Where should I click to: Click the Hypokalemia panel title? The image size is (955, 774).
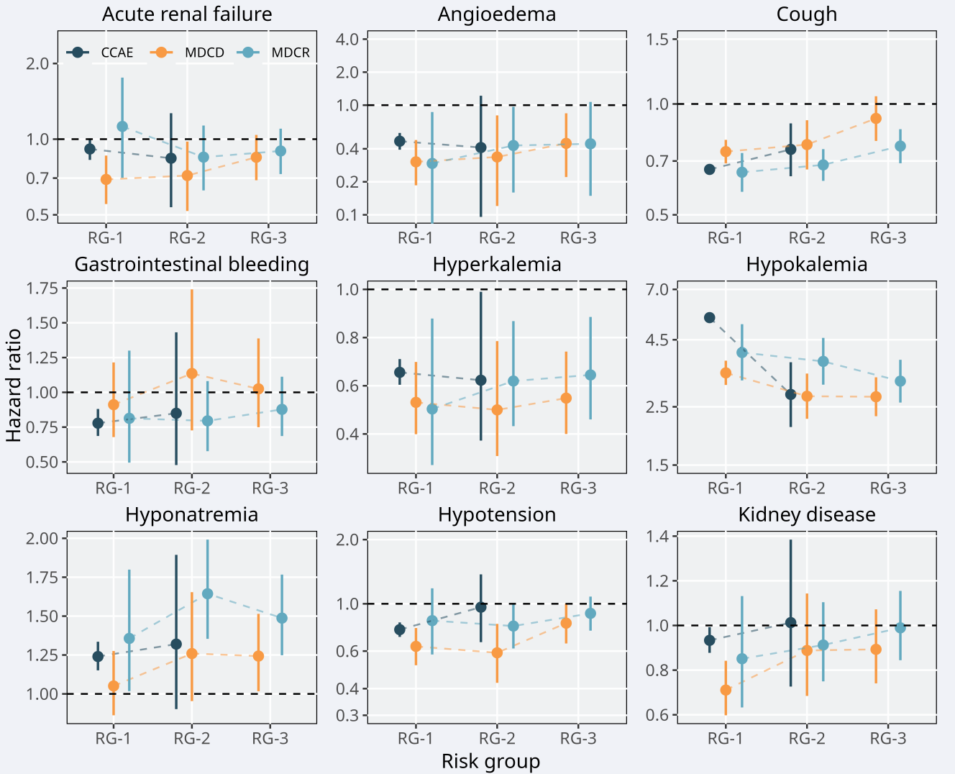(806, 265)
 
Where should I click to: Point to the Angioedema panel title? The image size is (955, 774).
(496, 14)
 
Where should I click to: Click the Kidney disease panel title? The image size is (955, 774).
(806, 515)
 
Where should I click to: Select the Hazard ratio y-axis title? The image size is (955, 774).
(14, 385)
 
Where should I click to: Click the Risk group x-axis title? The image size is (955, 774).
(490, 761)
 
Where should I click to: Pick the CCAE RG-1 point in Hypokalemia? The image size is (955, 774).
(709, 318)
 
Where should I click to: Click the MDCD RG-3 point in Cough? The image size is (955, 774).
(875, 119)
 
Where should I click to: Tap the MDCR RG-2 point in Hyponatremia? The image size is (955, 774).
(208, 593)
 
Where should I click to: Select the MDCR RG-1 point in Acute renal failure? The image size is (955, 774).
(122, 127)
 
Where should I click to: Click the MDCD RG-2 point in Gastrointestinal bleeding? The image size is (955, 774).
(192, 373)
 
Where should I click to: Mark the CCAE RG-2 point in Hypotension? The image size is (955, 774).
(480, 607)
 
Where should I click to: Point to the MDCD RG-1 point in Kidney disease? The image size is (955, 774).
(726, 690)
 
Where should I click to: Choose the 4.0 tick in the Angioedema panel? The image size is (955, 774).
(347, 39)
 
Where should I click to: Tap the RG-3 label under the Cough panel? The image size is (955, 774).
(888, 238)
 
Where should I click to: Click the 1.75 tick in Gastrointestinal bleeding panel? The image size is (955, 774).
(42, 288)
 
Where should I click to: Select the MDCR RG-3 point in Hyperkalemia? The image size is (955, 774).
(590, 375)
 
